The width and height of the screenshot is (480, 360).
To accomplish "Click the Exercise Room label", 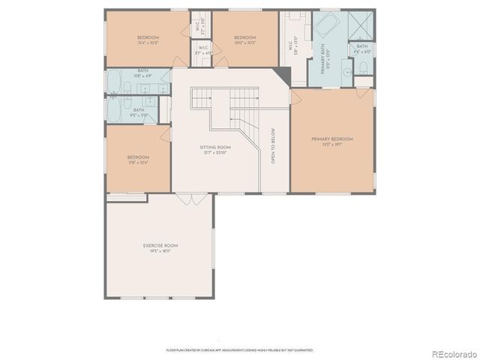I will click(160, 248).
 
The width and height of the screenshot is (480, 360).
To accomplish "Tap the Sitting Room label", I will click(213, 150).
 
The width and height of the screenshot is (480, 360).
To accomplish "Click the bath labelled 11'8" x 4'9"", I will click(142, 73).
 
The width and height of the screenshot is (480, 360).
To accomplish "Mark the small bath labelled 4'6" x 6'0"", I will click(362, 49).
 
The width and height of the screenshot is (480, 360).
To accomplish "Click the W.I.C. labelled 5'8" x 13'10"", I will click(292, 45).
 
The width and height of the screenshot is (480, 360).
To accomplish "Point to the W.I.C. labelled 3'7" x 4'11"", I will click(202, 51).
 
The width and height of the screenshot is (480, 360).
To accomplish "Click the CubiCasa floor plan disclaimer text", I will click(239, 349).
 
